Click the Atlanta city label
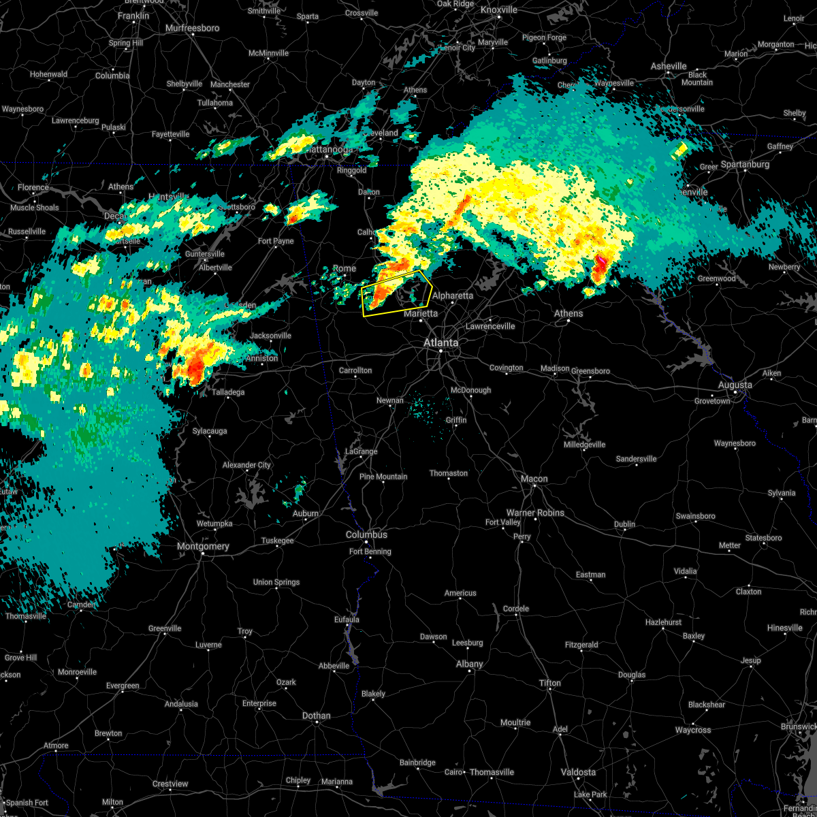440,342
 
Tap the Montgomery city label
203,546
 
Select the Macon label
534,479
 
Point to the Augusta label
735,385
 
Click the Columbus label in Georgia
366,534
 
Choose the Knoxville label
498,10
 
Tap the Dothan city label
316,716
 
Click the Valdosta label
578,772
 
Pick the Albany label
469,664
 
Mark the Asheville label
669,66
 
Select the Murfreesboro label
193,28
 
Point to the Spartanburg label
745,164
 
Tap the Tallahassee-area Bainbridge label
417,763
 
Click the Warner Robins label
535,513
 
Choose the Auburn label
305,513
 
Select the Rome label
344,268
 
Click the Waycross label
692,730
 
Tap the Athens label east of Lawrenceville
568,313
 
